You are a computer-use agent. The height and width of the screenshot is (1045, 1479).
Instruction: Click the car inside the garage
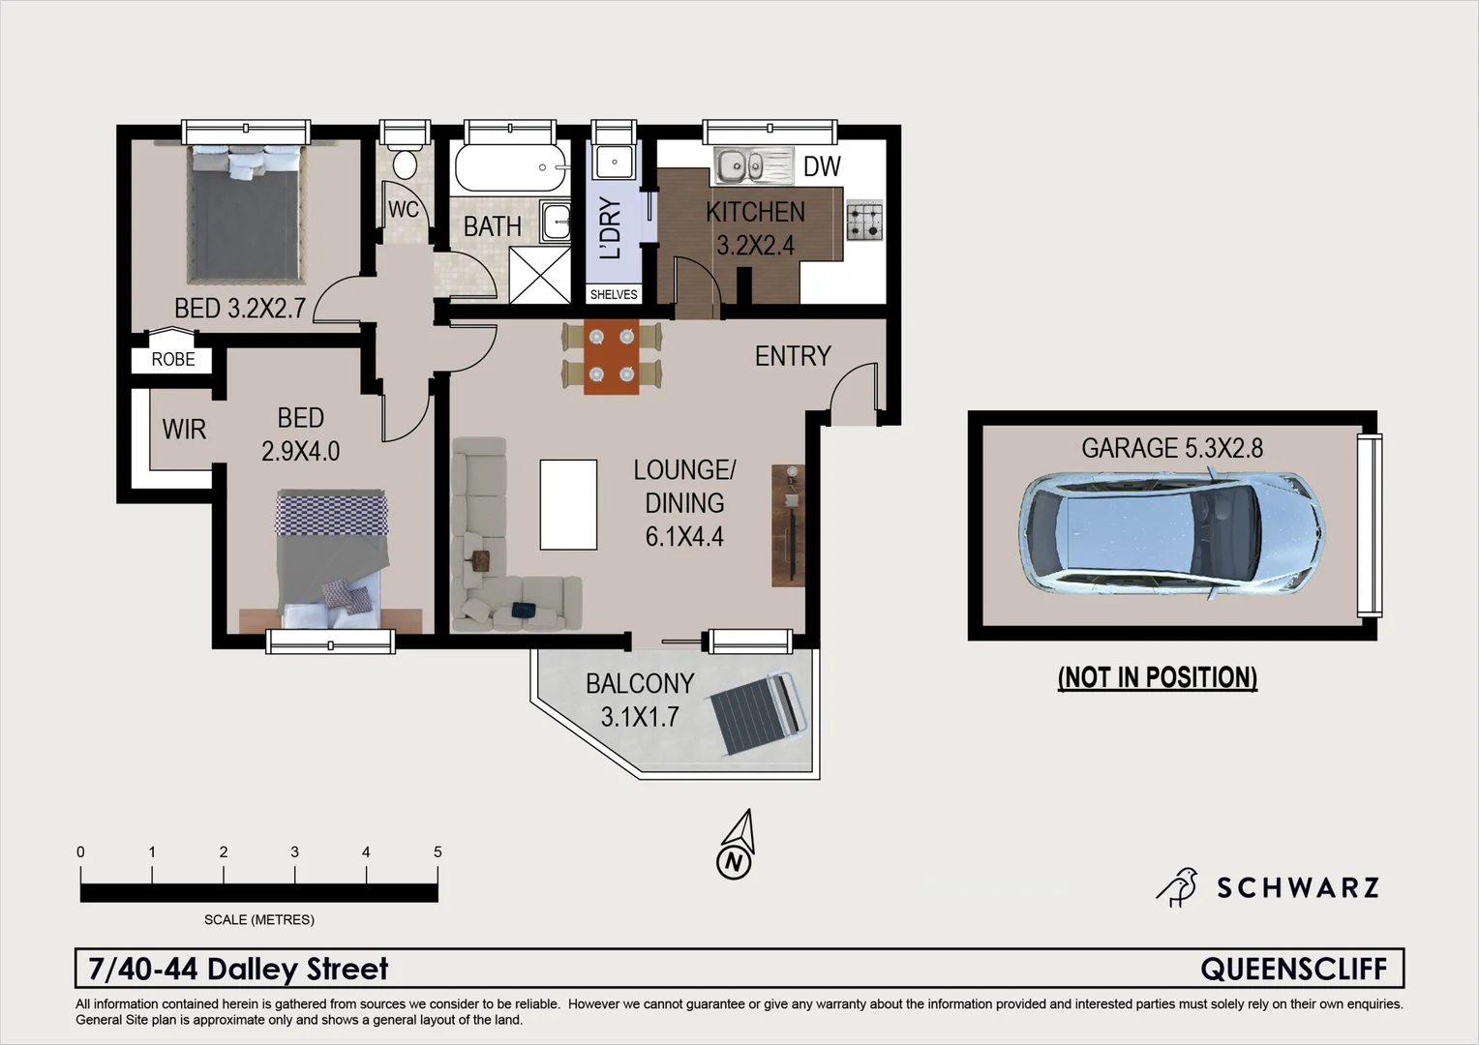[x=1171, y=533]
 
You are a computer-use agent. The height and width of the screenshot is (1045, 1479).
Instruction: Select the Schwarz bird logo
[x=1178, y=886]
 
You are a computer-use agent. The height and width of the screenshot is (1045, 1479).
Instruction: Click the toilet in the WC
[x=404, y=162]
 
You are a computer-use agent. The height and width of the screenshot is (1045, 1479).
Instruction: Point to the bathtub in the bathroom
[x=509, y=168]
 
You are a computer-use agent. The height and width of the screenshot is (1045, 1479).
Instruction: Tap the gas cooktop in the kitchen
[x=864, y=221]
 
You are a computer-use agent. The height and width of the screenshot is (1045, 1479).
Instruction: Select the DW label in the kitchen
[x=822, y=166]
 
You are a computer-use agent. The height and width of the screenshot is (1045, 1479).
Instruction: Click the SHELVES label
[x=614, y=294]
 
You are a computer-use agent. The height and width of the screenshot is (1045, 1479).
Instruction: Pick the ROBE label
[x=173, y=359]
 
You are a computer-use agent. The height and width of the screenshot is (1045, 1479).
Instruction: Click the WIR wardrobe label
[x=184, y=429]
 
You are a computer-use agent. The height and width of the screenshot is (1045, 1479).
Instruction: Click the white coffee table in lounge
[x=568, y=504]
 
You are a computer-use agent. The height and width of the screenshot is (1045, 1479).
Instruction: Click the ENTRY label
[x=793, y=356]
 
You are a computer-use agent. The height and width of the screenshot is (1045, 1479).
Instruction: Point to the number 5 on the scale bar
[x=438, y=851]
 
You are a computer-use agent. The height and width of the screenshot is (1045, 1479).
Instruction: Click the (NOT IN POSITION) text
[x=1158, y=677]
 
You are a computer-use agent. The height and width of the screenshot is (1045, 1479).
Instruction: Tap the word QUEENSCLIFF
[x=1293, y=969]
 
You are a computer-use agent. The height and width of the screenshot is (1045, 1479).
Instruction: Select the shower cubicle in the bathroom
[x=539, y=275]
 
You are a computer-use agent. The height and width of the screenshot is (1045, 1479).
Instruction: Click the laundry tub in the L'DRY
[x=614, y=162]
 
